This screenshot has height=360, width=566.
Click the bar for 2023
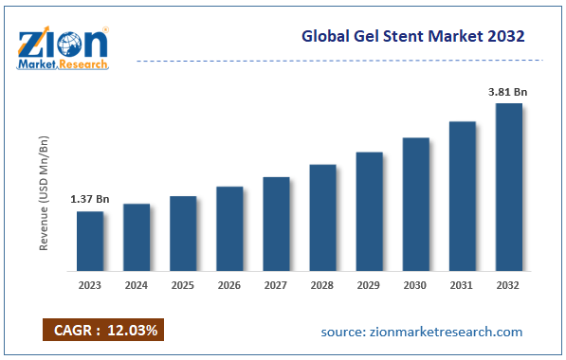point(90,241)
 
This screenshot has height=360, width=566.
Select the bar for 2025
point(183,233)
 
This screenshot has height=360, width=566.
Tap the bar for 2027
point(276,224)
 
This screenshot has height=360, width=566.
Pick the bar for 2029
point(369,211)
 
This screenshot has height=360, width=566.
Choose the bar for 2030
point(415,204)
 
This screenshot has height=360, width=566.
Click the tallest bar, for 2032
point(508,187)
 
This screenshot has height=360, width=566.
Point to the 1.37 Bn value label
point(90,199)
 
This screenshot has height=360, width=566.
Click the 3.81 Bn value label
point(508,91)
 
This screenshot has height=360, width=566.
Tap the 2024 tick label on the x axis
point(137,283)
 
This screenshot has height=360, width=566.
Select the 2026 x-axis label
point(229,283)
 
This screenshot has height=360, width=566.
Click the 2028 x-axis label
point(322,283)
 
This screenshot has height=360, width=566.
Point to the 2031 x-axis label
point(462,283)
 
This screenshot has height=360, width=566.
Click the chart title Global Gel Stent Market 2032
point(413,37)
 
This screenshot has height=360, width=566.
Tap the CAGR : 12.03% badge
point(103,330)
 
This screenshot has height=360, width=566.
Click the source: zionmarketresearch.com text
point(421,332)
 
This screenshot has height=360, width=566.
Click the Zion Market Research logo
point(63,46)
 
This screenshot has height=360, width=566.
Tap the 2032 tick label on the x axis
point(508,283)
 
